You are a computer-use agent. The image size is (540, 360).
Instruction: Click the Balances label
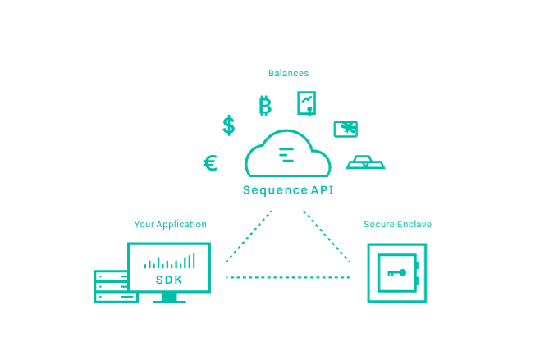pos(288,73)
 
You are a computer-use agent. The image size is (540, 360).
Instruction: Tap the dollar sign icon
pos(228,125)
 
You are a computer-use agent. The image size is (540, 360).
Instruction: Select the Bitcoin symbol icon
pos(264,105)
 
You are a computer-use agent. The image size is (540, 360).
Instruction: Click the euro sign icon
pos(210,163)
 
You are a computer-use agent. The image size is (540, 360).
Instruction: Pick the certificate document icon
pos(307,103)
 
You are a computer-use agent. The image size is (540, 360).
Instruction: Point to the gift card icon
pos(346,129)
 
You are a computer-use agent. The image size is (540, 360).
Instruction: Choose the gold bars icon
pos(365,162)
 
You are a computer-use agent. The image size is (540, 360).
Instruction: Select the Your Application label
pos(170,224)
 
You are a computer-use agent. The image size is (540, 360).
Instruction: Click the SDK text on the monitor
pos(169,280)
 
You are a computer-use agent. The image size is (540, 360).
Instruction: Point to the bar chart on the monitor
pos(169,262)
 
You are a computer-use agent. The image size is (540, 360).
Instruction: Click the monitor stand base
pos(169,299)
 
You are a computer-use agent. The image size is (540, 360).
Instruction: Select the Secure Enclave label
pos(397,224)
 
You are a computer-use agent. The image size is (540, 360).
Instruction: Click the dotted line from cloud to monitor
pos(249,237)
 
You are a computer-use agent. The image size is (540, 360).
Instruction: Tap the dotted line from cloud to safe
pos(327,237)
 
